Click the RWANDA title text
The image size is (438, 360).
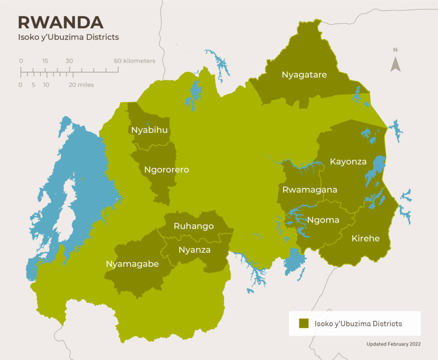[x=60, y=22]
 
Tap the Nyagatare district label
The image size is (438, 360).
[x=304, y=75]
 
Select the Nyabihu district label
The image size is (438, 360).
[x=149, y=130]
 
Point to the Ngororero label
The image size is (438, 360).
[x=166, y=170]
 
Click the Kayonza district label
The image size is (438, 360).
[x=348, y=162]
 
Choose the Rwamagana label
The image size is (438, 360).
[x=310, y=190]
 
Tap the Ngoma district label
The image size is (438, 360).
[x=323, y=220]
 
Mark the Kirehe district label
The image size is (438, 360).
[x=365, y=238]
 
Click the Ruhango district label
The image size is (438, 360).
[x=193, y=226]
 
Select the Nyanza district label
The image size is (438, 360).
[x=195, y=250]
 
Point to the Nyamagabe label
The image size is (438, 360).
[x=132, y=264]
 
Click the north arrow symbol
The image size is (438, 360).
[x=396, y=64]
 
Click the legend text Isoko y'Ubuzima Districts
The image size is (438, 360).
[x=358, y=324]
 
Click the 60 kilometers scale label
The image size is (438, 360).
[x=134, y=61]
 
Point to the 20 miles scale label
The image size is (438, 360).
[x=81, y=85]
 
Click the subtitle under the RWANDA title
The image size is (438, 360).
[x=68, y=37]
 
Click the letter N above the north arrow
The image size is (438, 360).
[x=396, y=50]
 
